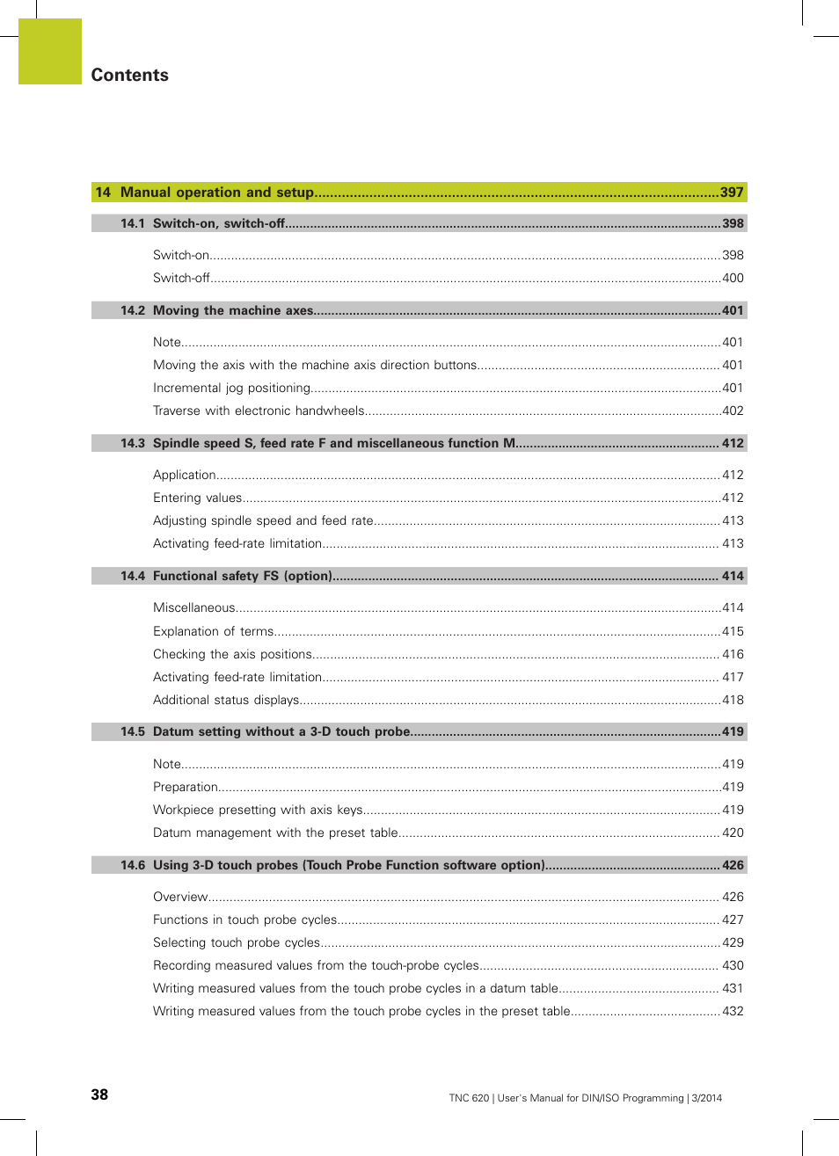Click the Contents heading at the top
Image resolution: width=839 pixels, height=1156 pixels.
pyautogui.click(x=129, y=75)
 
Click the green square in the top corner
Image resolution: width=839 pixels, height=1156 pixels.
pyautogui.click(x=50, y=51)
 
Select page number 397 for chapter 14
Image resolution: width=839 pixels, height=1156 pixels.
pyautogui.click(x=732, y=193)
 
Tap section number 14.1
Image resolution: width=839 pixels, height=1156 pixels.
pyautogui.click(x=133, y=223)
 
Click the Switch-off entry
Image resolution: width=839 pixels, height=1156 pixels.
pyautogui.click(x=181, y=278)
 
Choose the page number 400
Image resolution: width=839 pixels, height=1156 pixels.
pyautogui.click(x=733, y=278)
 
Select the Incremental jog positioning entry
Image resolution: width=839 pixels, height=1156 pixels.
pyautogui.click(x=231, y=388)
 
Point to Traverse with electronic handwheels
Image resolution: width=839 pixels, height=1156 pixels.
pyautogui.click(x=259, y=411)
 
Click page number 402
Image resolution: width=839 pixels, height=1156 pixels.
pyautogui.click(x=733, y=411)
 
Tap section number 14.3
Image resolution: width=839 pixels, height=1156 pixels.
pyautogui.click(x=133, y=443)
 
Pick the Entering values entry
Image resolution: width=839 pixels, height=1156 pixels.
pyautogui.click(x=197, y=498)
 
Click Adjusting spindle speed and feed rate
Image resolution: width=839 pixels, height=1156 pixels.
pyautogui.click(x=263, y=520)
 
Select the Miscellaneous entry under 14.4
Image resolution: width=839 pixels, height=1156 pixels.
pyautogui.click(x=193, y=607)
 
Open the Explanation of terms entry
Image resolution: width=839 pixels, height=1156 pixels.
pyautogui.click(x=213, y=631)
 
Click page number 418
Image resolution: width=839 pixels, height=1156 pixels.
pyautogui.click(x=733, y=700)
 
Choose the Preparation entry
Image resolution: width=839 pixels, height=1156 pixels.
pyautogui.click(x=185, y=787)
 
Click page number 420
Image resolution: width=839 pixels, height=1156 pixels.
pyautogui.click(x=733, y=832)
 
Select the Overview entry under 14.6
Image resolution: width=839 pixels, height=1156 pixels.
pyautogui.click(x=180, y=897)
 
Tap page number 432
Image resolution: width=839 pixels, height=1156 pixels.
pyautogui.click(x=733, y=1011)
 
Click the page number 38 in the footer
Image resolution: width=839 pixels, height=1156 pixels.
pyautogui.click(x=99, y=1094)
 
